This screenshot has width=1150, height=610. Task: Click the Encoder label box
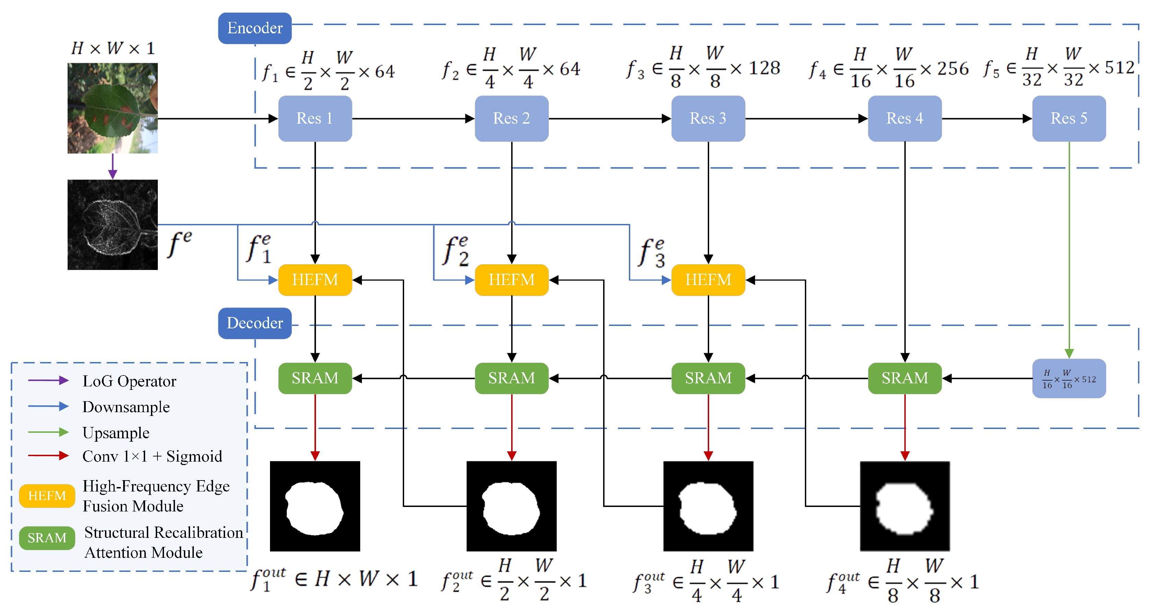pyautogui.click(x=255, y=28)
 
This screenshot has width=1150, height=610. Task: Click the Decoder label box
pyautogui.click(x=255, y=323)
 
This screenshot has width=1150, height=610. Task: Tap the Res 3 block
pyautogui.click(x=708, y=118)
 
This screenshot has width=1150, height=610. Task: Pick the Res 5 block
pyautogui.click(x=1069, y=118)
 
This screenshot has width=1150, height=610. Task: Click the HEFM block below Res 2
pyautogui.click(x=511, y=280)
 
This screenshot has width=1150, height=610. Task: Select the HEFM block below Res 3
pyautogui.click(x=708, y=280)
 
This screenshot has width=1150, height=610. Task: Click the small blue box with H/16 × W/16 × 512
pyautogui.click(x=1069, y=379)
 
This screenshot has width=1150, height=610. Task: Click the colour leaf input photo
pyautogui.click(x=113, y=108)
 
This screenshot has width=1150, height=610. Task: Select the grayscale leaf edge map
pyautogui.click(x=113, y=225)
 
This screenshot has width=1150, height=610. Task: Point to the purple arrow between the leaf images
pyautogui.click(x=113, y=166)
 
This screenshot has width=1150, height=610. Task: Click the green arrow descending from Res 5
pyautogui.click(x=1069, y=250)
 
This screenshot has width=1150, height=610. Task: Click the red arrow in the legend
pyautogui.click(x=48, y=456)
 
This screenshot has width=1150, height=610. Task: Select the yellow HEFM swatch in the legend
pyautogui.click(x=47, y=496)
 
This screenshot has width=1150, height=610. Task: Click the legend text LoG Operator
pyautogui.click(x=129, y=381)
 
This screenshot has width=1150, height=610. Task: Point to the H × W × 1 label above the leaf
pyautogui.click(x=113, y=48)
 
